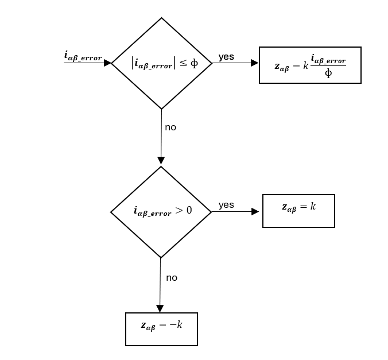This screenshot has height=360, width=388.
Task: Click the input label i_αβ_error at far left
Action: tap(83, 57)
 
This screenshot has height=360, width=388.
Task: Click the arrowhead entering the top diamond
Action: tap(107, 63)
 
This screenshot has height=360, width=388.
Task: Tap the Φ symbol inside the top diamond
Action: tap(193, 63)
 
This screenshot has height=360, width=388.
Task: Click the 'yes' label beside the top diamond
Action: tap(226, 57)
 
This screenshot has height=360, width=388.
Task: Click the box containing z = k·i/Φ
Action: tap(310, 65)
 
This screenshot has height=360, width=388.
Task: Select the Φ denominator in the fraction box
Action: tap(328, 73)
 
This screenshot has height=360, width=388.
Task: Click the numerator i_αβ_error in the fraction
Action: tap(328, 59)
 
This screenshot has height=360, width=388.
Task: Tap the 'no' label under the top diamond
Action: tap(170, 127)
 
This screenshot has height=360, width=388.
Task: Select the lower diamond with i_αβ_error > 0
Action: tap(161, 212)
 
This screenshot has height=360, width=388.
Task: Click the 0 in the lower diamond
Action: tap(189, 210)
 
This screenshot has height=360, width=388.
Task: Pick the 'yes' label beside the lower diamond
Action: tap(226, 205)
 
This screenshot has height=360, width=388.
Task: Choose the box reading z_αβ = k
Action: tap(298, 211)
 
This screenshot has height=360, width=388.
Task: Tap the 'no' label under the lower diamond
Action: tap(172, 278)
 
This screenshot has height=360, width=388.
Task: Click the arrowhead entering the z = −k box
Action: tap(160, 308)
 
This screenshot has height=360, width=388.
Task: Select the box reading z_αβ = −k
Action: tap(161, 329)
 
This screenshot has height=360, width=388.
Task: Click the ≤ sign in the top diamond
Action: tap(183, 63)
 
